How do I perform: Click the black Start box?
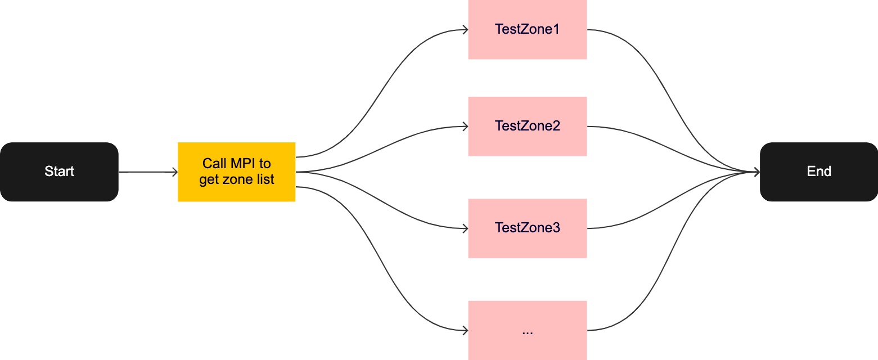59,172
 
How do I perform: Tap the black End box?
819,172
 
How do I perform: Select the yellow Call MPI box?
236,172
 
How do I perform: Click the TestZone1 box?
527,29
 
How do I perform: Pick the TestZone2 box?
527,126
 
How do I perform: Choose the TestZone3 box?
527,228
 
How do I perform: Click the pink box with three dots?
527,330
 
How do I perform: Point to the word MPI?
243,164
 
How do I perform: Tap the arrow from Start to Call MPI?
148,172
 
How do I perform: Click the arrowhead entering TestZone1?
465,29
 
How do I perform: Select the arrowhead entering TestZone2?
465,126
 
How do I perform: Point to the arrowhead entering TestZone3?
465,228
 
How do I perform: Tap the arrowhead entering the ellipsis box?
465,330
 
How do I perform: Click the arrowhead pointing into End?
757,172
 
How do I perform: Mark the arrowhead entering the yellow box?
175,172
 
